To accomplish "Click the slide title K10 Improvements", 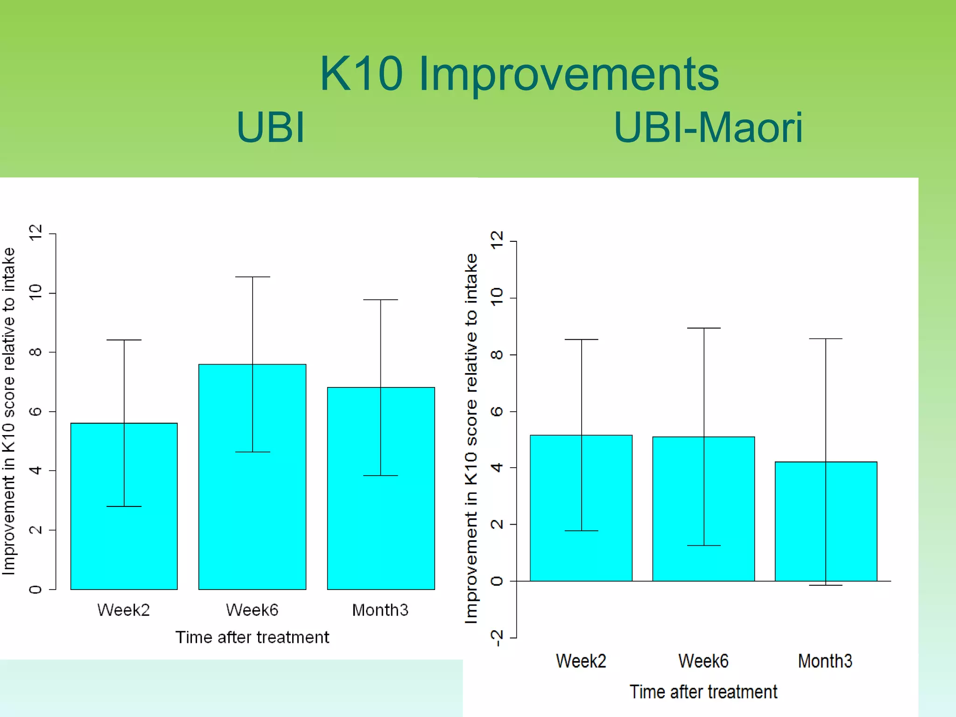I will [519, 74].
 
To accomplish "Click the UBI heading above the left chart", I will [270, 127].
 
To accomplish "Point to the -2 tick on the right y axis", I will [498, 638].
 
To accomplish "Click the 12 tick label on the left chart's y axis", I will [35, 232].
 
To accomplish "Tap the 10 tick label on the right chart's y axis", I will [498, 297].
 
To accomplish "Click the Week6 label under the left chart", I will [252, 610].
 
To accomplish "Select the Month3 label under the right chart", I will [825, 661].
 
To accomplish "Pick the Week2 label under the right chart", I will [581, 661].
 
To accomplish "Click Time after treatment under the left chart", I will [252, 637].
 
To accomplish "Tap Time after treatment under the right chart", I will [703, 692].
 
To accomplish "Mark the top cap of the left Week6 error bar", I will [253, 277].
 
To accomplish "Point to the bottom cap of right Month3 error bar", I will [825, 585].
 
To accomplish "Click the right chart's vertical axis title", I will [471, 439].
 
